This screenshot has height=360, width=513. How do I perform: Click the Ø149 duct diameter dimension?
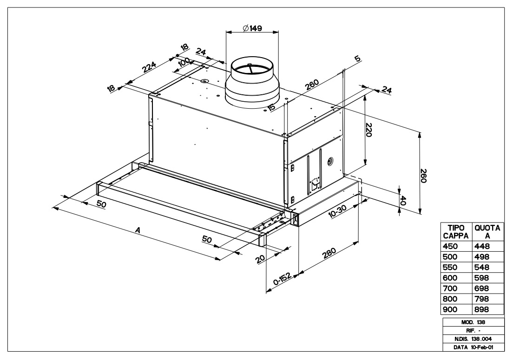[252, 28]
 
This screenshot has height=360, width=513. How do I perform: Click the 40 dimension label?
[403, 200]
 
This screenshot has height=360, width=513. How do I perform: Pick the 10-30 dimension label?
[337, 212]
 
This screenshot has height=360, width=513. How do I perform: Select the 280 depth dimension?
[329, 255]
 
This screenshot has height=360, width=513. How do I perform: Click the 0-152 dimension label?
[282, 279]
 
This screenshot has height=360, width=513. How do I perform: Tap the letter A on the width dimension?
[137, 229]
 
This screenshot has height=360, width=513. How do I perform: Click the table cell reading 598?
[481, 278]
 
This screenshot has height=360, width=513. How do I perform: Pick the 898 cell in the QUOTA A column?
[481, 309]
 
